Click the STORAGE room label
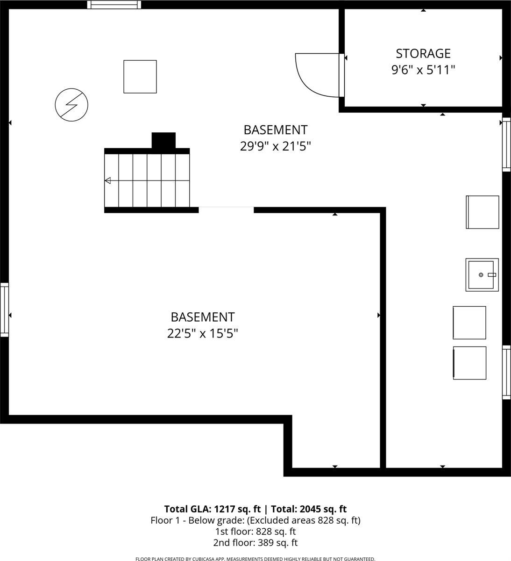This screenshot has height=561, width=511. (x=423, y=53)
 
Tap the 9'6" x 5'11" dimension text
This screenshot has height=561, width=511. (x=423, y=70)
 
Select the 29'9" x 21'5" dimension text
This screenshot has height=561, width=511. (x=276, y=146)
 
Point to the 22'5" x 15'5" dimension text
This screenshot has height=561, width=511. (x=203, y=334)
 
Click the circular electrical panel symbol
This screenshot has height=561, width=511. (x=71, y=105)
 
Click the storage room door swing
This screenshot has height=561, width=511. (x=317, y=75)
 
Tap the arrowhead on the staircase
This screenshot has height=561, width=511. (x=108, y=180)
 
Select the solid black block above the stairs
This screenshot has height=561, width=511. (x=163, y=140)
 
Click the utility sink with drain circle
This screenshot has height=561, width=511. (x=482, y=274)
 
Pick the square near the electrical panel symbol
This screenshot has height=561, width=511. (x=140, y=76)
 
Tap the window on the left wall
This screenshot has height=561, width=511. (x=4, y=309)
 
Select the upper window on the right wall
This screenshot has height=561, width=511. (x=506, y=145)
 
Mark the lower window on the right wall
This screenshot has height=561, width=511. (x=506, y=372)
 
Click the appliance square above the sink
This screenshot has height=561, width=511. (x=483, y=212)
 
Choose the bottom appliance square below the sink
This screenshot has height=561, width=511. (x=469, y=363)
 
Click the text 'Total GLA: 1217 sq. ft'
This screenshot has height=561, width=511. (x=212, y=509)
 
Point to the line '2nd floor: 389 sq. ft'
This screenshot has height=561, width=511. (x=255, y=543)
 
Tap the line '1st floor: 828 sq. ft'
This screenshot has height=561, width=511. (x=255, y=532)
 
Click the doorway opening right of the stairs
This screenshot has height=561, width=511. (x=226, y=209)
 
